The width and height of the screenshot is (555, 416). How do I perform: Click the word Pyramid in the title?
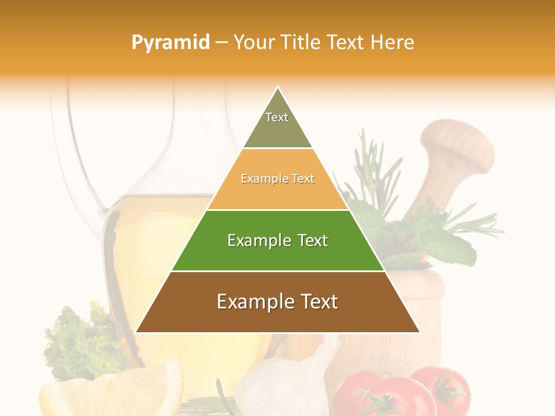point(170,43)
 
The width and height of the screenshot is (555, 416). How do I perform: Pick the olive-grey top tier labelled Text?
point(277,124)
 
